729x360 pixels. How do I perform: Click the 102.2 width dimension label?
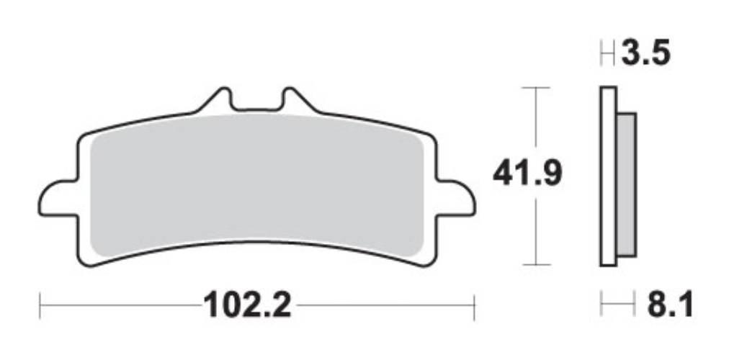point(247,305)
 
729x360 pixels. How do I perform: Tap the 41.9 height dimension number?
point(528,173)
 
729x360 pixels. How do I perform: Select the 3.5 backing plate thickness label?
point(645,53)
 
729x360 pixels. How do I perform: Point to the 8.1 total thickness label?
point(670,305)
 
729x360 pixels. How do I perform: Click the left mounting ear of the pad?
point(58,198)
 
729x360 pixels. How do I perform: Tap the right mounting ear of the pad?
point(456,198)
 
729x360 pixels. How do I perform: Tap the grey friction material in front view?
point(256,186)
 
